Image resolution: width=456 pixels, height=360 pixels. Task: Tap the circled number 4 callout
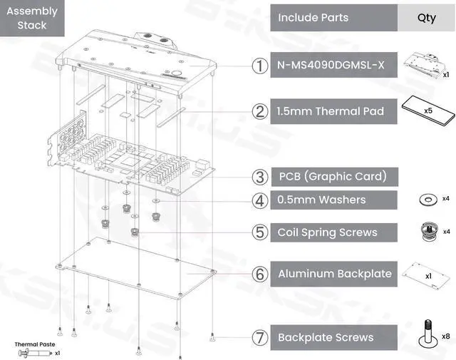[259, 200]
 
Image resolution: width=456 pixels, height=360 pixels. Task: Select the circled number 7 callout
[259, 337]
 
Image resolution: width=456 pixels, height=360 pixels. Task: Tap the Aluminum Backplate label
[333, 274]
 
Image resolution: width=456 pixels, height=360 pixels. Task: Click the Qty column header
[426, 18]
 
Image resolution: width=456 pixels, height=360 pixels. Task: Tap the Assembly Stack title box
[31, 19]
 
